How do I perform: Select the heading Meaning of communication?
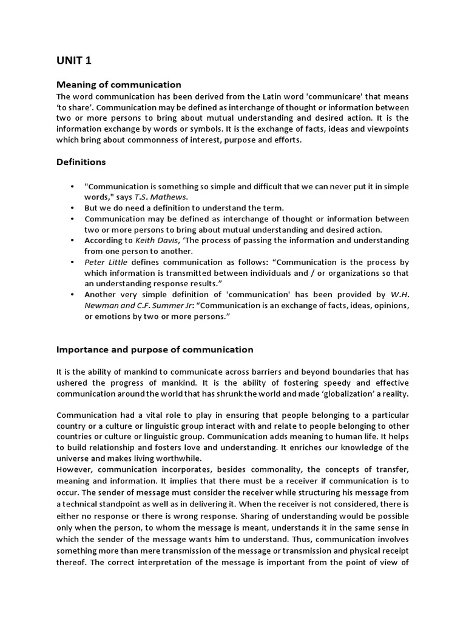coord(118,84)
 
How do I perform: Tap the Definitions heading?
coord(81,162)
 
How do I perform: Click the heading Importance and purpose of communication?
coord(155,349)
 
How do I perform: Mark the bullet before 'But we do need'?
coord(72,207)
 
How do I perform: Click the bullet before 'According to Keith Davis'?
coord(72,240)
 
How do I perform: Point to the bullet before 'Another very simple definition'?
coord(72,295)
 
